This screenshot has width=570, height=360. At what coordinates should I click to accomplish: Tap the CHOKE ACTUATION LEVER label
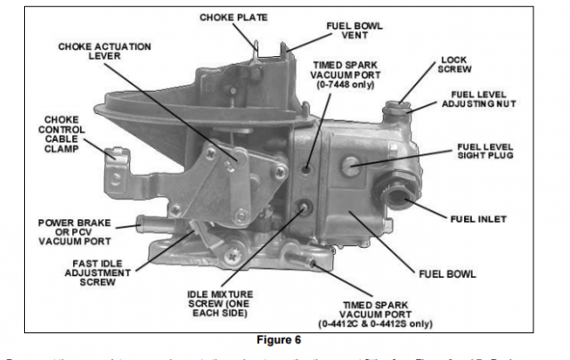tap(104, 52)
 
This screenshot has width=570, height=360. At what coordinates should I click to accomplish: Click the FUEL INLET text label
tap(480, 218)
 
